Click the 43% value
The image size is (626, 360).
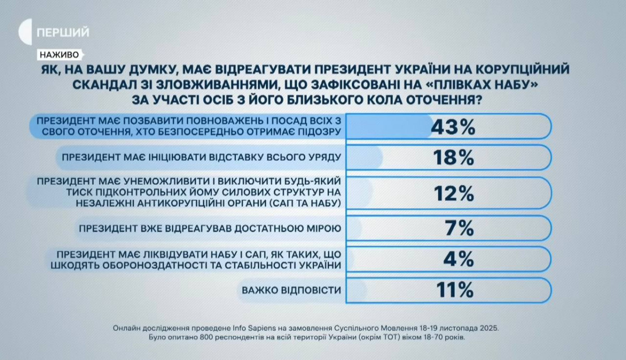click(x=453, y=127)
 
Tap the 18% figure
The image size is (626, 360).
click(x=453, y=157)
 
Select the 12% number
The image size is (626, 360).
click(x=453, y=193)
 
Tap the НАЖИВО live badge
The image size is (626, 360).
click(x=58, y=54)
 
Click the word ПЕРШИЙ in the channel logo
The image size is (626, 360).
click(x=63, y=32)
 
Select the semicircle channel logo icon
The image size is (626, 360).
click(x=25, y=32)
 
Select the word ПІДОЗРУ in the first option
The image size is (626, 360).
click(x=317, y=132)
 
